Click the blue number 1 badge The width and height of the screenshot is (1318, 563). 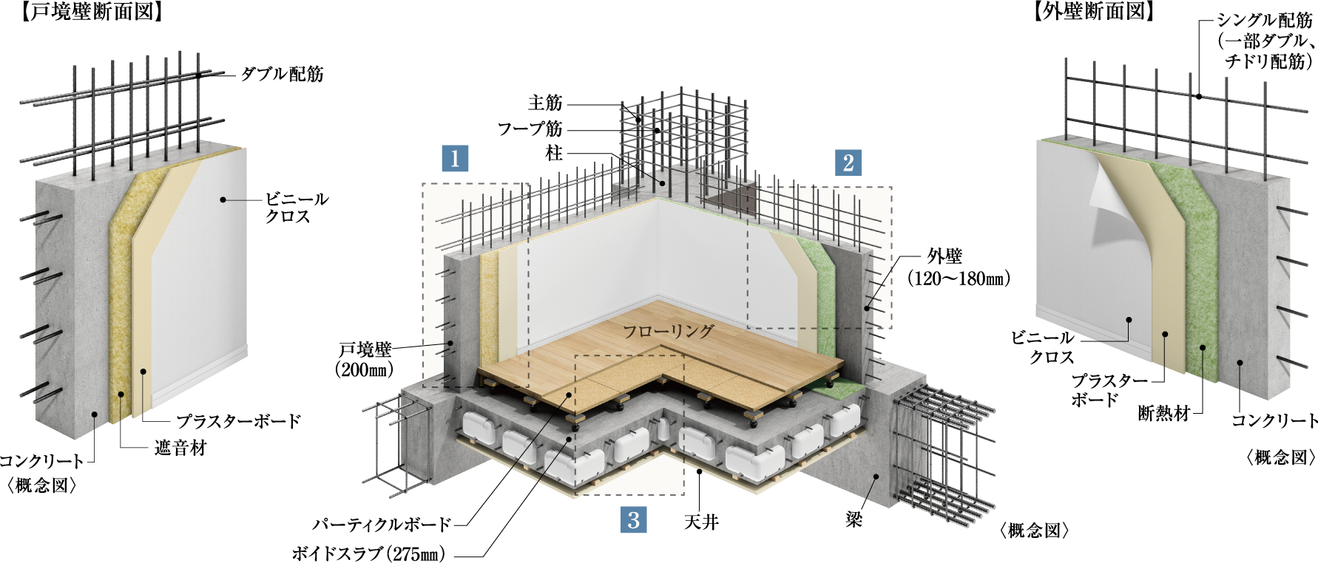455,157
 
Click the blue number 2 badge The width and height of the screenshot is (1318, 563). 848,163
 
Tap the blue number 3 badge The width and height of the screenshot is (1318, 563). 633,519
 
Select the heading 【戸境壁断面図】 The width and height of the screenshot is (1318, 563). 91,13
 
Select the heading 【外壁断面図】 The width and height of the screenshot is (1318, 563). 1093,11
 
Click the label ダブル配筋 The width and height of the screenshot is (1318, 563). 282,74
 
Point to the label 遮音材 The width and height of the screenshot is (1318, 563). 180,448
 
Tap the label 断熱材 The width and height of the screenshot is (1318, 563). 1163,414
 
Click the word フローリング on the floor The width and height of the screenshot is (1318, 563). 668,331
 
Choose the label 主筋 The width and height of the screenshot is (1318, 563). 545,103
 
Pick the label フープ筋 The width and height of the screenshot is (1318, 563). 530,129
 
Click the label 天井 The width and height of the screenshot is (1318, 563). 701,522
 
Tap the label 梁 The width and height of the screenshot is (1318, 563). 854,519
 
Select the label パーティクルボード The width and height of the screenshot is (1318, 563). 382,525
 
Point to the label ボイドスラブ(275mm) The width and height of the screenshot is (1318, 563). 368,553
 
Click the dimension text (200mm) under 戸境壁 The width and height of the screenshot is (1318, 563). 364,369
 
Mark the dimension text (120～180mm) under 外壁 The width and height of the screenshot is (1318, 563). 959,279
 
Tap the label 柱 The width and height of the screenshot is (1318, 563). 554,153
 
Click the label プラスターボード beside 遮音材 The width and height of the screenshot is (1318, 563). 238,421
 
